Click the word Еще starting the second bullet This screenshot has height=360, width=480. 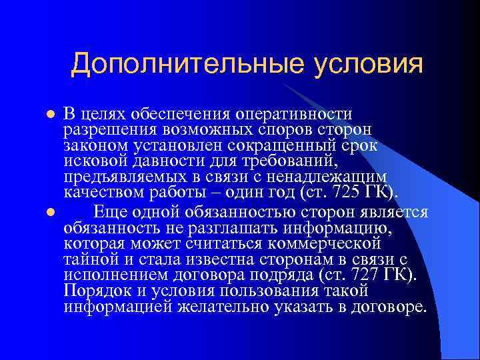pyautogui.click(x=109, y=213)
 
